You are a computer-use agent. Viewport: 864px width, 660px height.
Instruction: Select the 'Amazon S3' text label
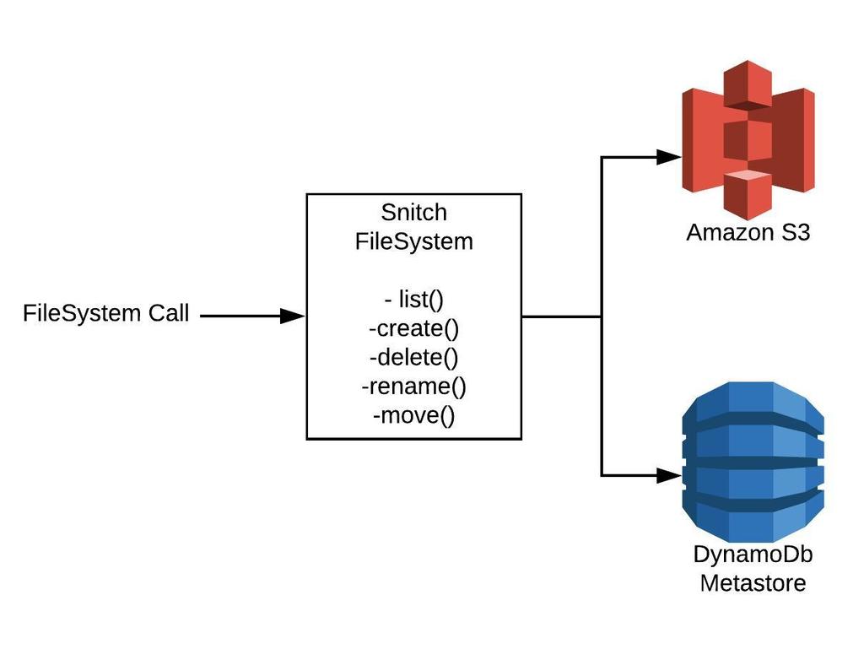click(x=748, y=232)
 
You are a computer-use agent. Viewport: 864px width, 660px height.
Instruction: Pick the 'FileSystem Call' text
click(x=106, y=314)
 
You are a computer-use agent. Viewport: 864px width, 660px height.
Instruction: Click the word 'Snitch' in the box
click(x=414, y=213)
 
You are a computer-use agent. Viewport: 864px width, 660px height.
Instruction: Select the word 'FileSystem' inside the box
click(x=414, y=241)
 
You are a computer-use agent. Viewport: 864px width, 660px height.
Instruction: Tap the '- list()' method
click(x=413, y=300)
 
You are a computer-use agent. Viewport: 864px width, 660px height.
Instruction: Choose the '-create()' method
click(x=413, y=329)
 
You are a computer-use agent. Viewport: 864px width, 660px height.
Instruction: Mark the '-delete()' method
click(x=413, y=358)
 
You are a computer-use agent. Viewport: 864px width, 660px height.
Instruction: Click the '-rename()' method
click(x=413, y=387)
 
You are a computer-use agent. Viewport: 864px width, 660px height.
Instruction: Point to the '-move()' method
click(x=413, y=415)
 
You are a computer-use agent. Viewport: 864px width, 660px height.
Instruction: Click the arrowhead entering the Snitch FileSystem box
click(x=293, y=316)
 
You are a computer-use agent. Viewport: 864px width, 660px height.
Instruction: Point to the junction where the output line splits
click(x=602, y=317)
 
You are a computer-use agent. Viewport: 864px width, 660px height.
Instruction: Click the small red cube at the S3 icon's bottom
click(x=748, y=193)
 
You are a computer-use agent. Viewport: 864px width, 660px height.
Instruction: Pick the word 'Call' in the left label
click(x=168, y=314)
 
